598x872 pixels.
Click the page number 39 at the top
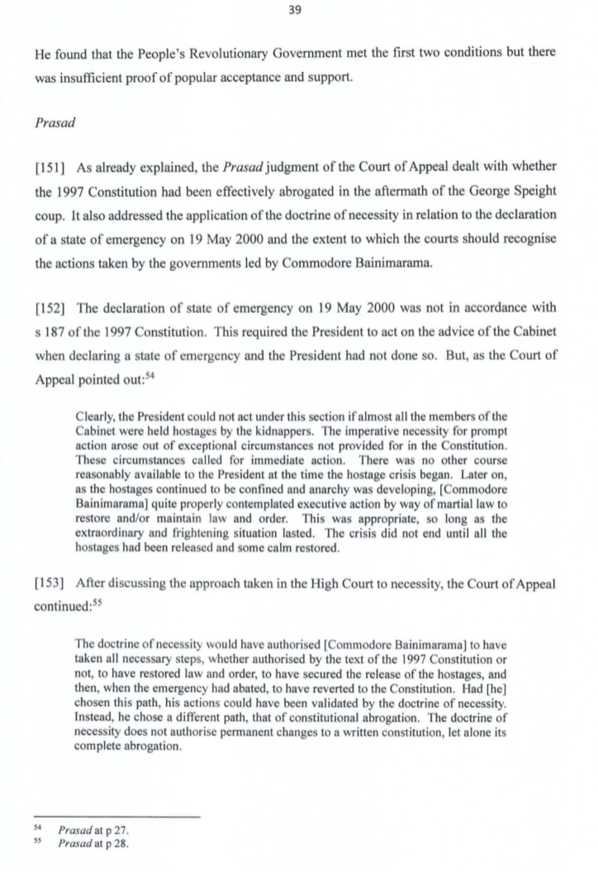[x=298, y=11]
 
